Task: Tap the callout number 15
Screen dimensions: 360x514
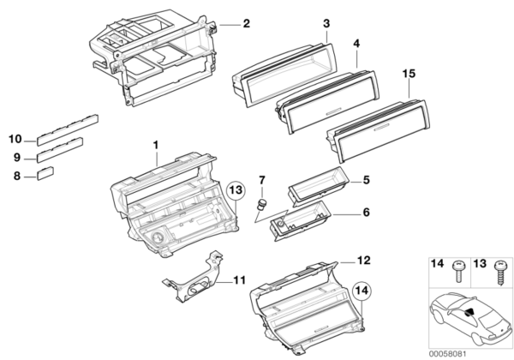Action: tap(409, 76)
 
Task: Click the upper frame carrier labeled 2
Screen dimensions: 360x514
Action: tap(154, 60)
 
